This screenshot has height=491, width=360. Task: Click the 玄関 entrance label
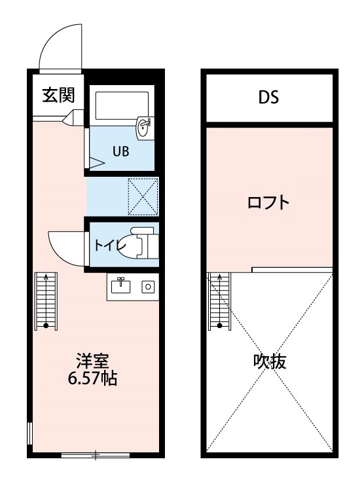pos(58,96)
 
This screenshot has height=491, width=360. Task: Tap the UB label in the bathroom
pos(120,151)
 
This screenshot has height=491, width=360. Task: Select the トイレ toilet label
pos(109,246)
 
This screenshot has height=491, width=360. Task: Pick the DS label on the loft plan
pos(268,98)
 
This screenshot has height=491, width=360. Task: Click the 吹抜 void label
pos(270,361)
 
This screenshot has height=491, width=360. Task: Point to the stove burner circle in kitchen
pos(148,286)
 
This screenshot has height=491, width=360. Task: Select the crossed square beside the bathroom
pos(143,196)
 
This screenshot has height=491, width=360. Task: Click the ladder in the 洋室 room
pos(46,300)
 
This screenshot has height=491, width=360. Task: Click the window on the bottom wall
pos(96,454)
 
